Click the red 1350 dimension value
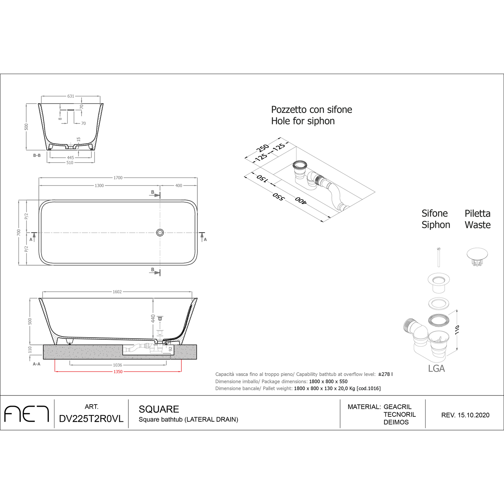[x=118, y=372]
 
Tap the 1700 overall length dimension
[x=118, y=178]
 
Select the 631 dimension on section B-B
[x=71, y=96]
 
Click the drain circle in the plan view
[x=160, y=232]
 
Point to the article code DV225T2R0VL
[x=91, y=419]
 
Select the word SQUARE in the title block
[x=159, y=409]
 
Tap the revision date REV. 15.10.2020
[x=465, y=415]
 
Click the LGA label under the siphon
[x=436, y=369]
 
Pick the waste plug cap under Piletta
[x=477, y=254]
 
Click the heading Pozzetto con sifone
[x=311, y=110]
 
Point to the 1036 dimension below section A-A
[x=118, y=365]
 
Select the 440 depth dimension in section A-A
[x=153, y=318]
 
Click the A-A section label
[x=37, y=364]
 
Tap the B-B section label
[x=37, y=156]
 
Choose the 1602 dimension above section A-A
[x=117, y=292]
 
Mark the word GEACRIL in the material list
[x=397, y=407]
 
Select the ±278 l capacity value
[x=385, y=374]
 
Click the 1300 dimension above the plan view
[x=99, y=186]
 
